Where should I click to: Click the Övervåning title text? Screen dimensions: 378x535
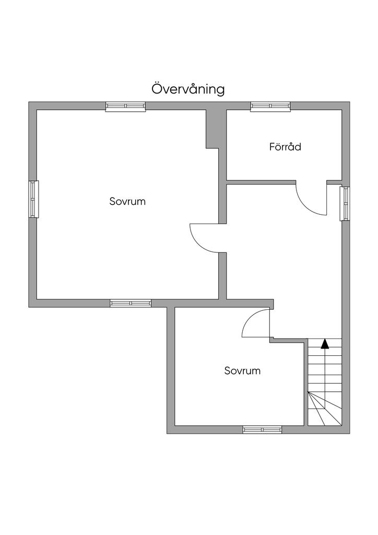(188, 89)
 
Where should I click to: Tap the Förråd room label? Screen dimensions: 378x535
(285, 147)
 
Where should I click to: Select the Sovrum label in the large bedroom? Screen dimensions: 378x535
(127, 201)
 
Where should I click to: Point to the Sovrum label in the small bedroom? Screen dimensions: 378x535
(242, 370)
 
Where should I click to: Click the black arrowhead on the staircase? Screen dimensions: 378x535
(325, 343)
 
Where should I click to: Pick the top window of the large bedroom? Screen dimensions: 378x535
(125, 107)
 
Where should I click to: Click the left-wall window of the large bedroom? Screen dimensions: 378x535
(33, 199)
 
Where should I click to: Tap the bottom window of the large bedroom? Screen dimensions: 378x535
(131, 303)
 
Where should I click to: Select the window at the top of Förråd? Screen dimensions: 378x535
(270, 107)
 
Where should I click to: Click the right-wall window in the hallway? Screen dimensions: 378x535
(345, 203)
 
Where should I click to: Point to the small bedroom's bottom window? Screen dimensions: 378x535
(262, 429)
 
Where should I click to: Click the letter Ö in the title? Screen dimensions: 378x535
(157, 88)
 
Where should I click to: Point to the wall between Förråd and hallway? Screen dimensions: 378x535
(261, 182)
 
